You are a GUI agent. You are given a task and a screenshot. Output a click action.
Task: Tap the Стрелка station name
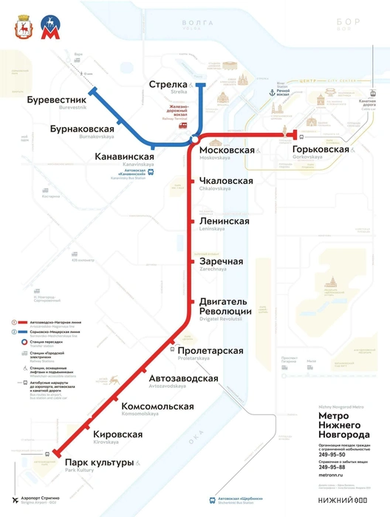coord(168,84)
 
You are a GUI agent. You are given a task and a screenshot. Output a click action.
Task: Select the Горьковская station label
coord(321,149)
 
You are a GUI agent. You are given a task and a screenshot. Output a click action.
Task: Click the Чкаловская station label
coord(226,181)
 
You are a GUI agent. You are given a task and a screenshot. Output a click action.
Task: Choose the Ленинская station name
coord(224,221)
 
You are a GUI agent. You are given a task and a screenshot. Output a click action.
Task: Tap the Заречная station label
coord(221,261)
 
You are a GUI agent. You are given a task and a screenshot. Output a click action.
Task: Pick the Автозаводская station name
coord(183,378)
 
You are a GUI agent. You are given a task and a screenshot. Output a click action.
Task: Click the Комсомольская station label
coord(157,406)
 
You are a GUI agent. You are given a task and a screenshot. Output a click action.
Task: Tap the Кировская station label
coord(117,434)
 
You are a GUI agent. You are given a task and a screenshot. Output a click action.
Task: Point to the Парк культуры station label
coord(99,462)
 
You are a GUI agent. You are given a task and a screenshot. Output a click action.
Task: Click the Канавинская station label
coord(124,157)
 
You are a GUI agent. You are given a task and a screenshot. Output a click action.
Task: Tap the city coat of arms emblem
coord(23,30)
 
